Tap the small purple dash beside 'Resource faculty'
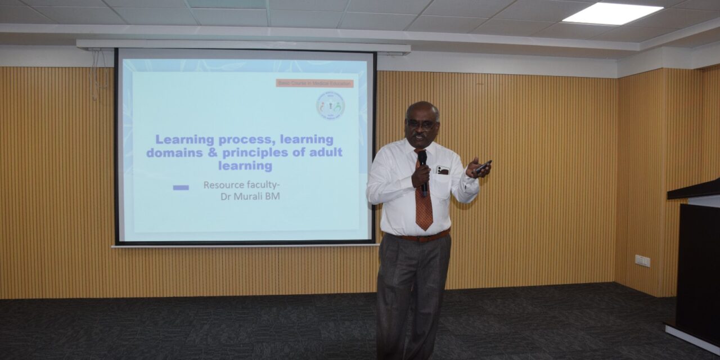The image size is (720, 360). click(x=181, y=187)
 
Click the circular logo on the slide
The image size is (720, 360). click(x=330, y=106)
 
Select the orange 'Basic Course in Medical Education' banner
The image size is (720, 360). click(x=314, y=83)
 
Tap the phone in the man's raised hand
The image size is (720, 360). click(x=483, y=166)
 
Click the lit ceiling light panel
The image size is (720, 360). click(x=613, y=13)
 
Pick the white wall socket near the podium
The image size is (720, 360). click(x=642, y=260)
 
